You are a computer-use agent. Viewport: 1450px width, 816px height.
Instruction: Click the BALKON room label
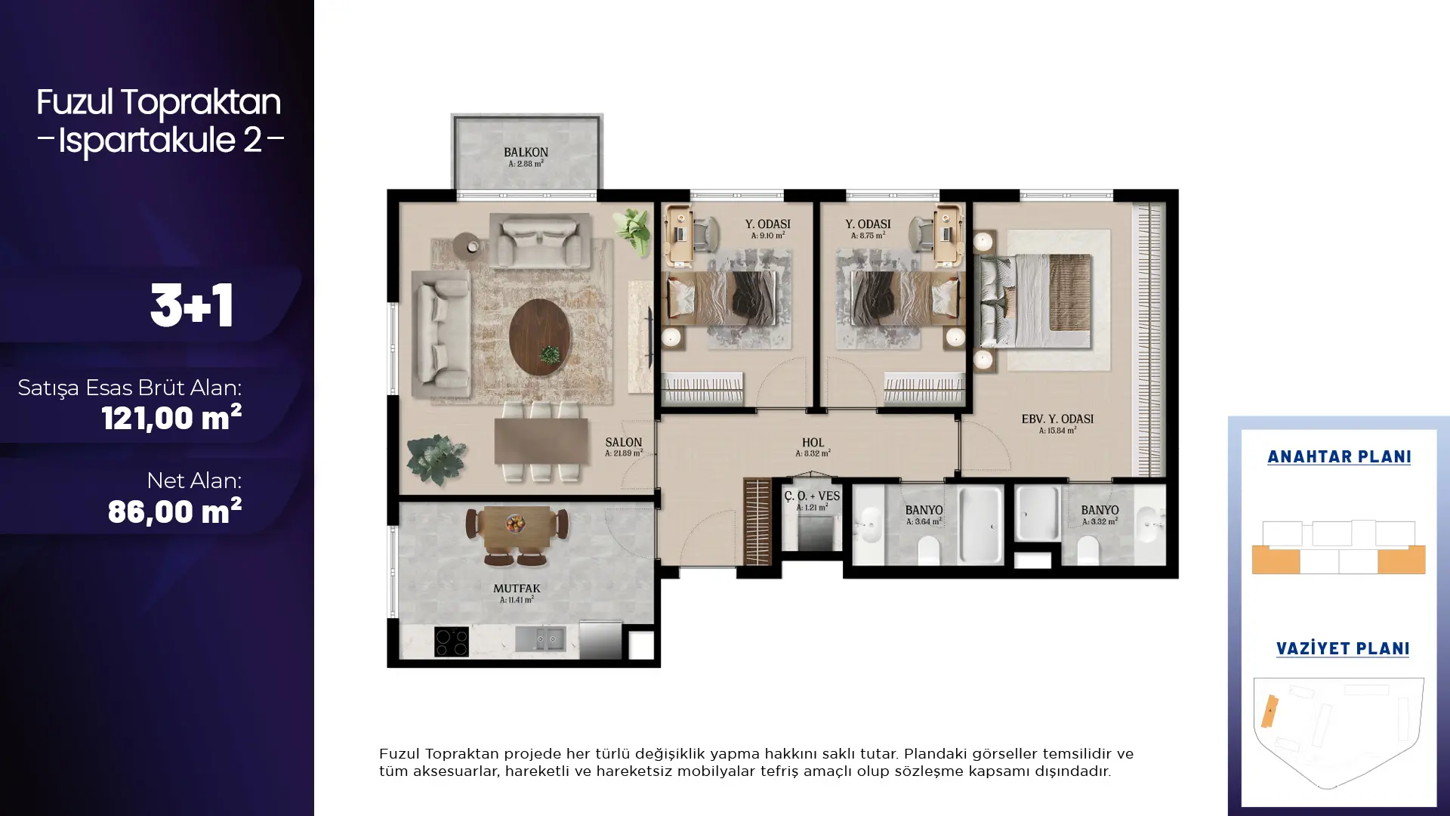point(526,152)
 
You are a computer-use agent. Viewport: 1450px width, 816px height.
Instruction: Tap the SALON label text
point(624,442)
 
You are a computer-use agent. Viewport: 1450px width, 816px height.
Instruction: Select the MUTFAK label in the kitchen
point(517,588)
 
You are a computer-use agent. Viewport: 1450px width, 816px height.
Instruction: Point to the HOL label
point(813,443)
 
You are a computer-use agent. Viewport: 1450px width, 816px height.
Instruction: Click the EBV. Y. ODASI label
point(1057,419)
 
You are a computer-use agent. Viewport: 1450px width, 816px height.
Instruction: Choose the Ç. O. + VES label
point(812,496)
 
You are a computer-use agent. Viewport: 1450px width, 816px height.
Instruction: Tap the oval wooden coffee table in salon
point(540,337)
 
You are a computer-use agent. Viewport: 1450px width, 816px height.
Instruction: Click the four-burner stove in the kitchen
point(452,641)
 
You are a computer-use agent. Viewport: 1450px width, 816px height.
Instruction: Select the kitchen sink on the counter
point(540,639)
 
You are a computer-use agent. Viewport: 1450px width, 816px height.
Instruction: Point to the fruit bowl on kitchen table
point(517,522)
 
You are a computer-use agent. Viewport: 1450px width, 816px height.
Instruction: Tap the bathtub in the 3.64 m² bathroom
point(980,524)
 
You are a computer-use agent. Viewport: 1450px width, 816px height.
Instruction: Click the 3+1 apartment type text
point(192,306)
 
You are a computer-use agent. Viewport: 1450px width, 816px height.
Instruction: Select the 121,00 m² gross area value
point(171,417)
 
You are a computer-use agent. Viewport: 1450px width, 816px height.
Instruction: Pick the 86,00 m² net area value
point(174,511)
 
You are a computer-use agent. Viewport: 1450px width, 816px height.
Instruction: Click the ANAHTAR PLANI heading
point(1339,456)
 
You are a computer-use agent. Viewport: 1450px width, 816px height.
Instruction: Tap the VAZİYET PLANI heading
point(1343,648)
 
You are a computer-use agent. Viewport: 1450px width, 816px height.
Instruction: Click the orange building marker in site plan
point(1270,711)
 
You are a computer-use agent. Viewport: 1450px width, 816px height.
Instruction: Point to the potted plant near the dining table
point(437,458)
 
